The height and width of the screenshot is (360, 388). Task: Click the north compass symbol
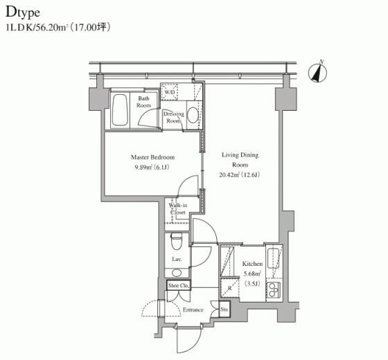click(318, 72)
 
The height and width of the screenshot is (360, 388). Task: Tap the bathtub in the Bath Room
click(120, 110)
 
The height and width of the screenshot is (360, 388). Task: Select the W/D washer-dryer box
click(169, 92)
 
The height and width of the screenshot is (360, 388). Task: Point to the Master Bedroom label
click(152, 157)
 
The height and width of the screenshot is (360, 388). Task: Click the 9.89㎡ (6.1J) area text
click(152, 168)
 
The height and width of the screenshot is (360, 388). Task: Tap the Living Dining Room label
click(240, 160)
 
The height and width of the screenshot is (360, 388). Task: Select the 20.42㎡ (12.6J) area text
click(239, 175)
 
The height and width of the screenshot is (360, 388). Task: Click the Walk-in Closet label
click(178, 208)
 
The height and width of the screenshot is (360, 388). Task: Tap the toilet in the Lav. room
click(177, 241)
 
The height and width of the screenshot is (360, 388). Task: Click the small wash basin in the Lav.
click(177, 273)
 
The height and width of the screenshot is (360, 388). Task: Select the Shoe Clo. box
click(179, 285)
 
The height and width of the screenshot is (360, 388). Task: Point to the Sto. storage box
click(224, 309)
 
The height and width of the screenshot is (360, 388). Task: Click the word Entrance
click(193, 310)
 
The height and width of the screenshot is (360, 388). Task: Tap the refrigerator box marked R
click(229, 288)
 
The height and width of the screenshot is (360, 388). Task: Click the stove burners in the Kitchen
click(273, 290)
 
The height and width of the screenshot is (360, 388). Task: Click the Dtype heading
click(23, 12)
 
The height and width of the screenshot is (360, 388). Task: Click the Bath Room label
click(143, 102)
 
